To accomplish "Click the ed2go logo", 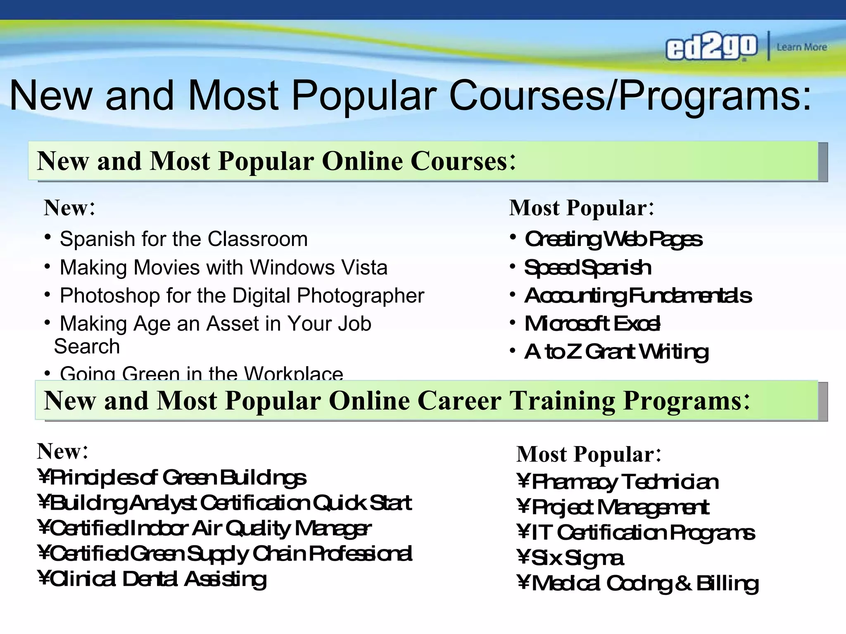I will pos(711,47).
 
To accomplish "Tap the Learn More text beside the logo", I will pos(801,47).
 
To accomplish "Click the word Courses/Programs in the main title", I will pos(630,96).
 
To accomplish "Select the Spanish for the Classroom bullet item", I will pos(184,239).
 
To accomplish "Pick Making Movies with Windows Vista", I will pos(223,267).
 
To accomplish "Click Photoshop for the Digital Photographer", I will pos(242,296).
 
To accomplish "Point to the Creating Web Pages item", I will pos(613,239).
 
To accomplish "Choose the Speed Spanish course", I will pos(588,268).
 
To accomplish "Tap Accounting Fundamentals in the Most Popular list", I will pos(638,296).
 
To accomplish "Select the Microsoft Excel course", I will pos(592,324).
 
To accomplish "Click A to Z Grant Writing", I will pos(617,352).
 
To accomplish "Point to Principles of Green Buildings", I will pos(178,478).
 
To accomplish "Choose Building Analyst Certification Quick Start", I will pos(231,503).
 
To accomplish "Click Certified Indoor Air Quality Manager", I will pos(210,528).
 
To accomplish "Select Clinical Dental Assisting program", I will pos(158,579).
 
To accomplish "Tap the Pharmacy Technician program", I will pos(625,482).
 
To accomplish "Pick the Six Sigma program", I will pos(577,558).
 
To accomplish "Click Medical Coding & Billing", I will pos(645,584).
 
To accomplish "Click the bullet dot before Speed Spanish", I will pos(513,267).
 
